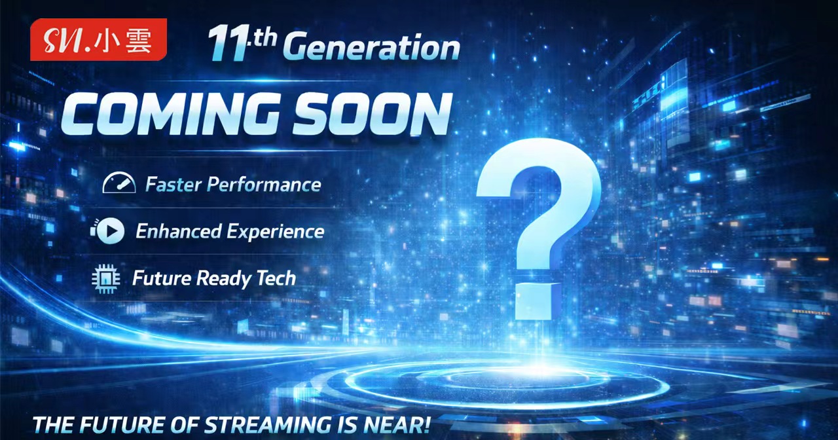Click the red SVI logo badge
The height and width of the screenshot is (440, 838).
98,39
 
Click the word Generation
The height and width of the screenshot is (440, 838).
373,48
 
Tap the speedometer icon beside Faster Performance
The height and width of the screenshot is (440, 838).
118,184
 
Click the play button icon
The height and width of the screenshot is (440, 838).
111,230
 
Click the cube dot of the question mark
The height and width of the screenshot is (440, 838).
538,299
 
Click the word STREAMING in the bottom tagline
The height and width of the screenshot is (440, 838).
257,424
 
